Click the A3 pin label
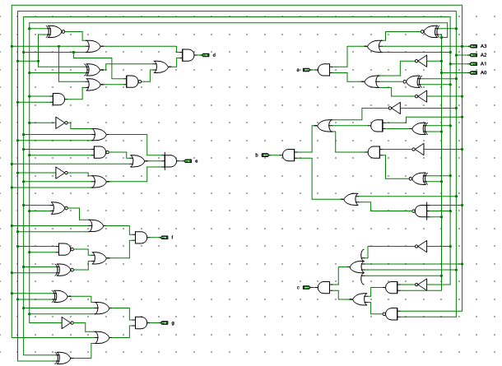pos(484,46)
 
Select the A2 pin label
pos(484,55)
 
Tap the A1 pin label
pos(484,63)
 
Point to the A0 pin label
pos(484,72)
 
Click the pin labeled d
pos(206,55)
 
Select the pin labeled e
pos(188,160)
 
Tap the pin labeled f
pos(164,238)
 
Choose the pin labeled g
pos(164,323)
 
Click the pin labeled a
pos(305,70)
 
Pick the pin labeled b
pos(265,155)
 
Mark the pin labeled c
pos(305,287)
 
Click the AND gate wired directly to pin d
pos(188,55)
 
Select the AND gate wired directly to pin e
pos(170,160)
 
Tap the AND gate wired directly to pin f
pos(141,238)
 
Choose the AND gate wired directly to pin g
pos(141,323)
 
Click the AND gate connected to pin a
pos(323,70)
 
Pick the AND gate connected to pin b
pos(289,155)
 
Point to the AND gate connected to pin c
pos(323,287)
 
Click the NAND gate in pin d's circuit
pos(132,81)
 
